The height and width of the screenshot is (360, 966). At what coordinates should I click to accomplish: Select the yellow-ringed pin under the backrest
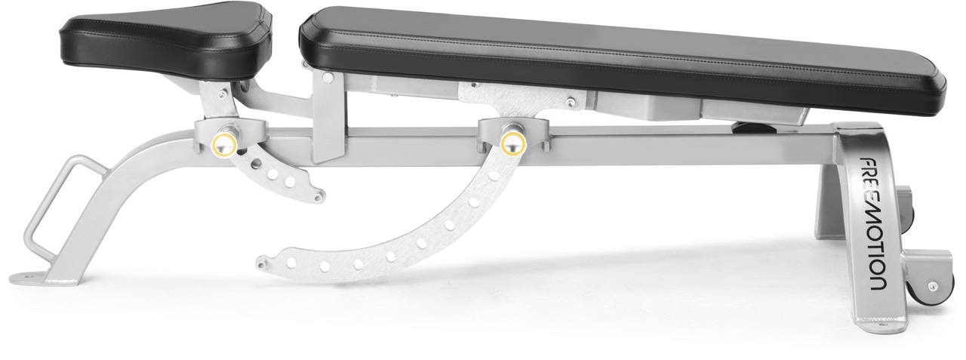(x=512, y=143)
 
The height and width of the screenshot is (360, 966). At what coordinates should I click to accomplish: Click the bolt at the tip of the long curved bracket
(x=261, y=263)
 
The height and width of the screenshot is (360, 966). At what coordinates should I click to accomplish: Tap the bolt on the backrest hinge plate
(x=569, y=100)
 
